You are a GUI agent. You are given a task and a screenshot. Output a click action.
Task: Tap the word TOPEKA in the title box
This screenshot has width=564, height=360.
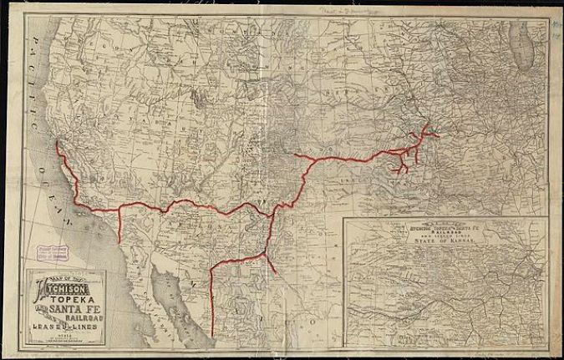point(72,299)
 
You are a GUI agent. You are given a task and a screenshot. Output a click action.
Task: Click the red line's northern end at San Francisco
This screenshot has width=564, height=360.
point(57,143)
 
